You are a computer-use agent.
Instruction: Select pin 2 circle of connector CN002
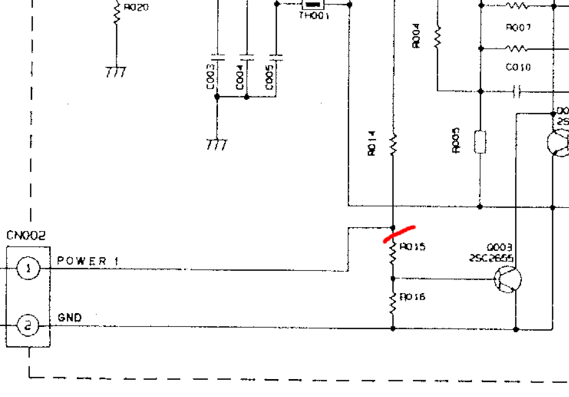click(x=28, y=326)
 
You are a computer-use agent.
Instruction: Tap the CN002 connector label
click(x=26, y=236)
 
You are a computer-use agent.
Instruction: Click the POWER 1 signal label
click(x=87, y=261)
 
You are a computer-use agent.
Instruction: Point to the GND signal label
click(x=70, y=318)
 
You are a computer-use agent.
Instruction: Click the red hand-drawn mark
click(x=399, y=233)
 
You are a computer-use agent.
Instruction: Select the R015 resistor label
click(x=412, y=247)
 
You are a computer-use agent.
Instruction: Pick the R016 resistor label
click(x=412, y=297)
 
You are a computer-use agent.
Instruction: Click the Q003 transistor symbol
click(x=508, y=279)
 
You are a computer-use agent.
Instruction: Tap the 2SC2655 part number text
click(x=491, y=259)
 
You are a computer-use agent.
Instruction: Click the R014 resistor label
click(x=373, y=144)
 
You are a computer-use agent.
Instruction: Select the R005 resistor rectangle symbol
click(x=480, y=142)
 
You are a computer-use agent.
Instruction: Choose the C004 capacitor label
click(x=240, y=77)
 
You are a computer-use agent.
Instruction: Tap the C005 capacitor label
click(x=270, y=77)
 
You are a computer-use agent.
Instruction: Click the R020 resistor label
click(x=137, y=8)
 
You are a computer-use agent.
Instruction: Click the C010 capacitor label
click(x=518, y=68)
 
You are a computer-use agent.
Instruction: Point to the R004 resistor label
click(x=416, y=36)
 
